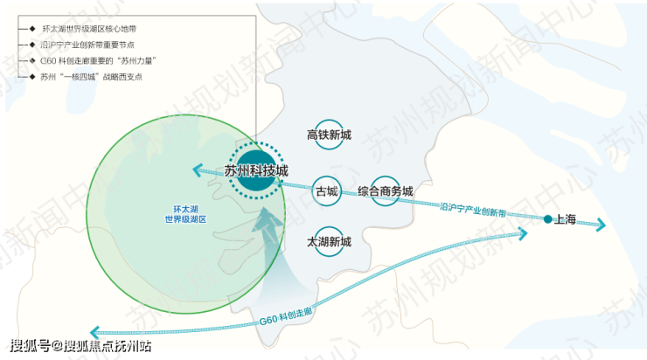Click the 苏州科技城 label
pyautogui.click(x=256, y=171)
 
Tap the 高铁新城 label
pyautogui.click(x=329, y=135)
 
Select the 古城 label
pyautogui.click(x=326, y=191)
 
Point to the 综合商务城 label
pyautogui.click(x=385, y=191)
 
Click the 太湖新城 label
pyautogui.click(x=329, y=241)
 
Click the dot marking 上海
pyautogui.click(x=547, y=218)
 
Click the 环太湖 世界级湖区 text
pyautogui.click(x=190, y=214)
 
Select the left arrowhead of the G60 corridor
pyautogui.click(x=95, y=332)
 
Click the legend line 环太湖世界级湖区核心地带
pyautogui.click(x=88, y=29)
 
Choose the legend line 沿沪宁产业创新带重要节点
pyautogui.click(x=87, y=45)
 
